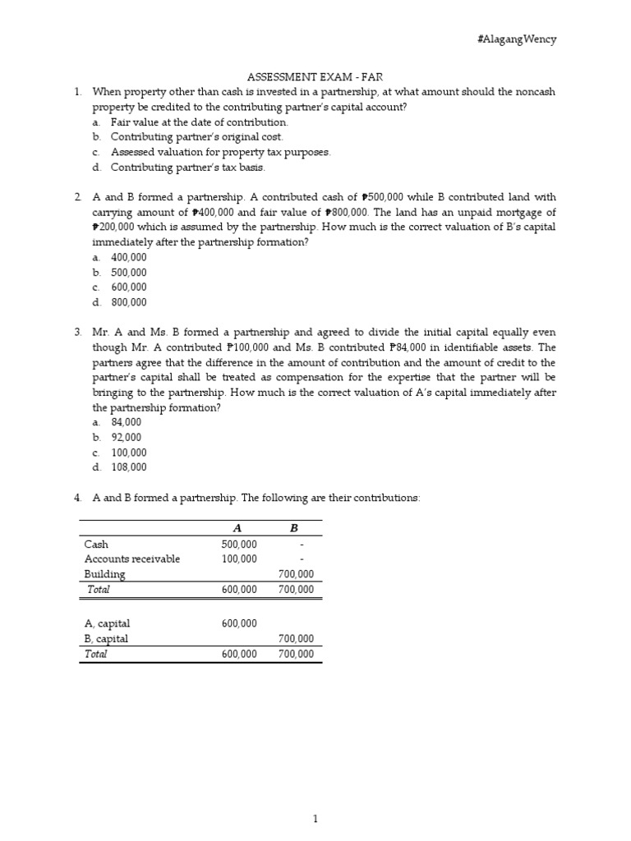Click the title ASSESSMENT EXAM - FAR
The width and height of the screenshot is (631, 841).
click(x=315, y=76)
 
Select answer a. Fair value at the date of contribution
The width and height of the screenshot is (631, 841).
click(x=199, y=122)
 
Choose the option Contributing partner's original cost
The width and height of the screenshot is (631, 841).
click(x=196, y=137)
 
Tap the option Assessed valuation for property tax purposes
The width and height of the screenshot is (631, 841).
click(x=220, y=153)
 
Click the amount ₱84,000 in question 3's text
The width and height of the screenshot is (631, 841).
click(x=443, y=347)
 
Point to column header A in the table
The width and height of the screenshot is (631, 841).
click(x=238, y=529)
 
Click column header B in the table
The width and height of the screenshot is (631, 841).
click(x=294, y=529)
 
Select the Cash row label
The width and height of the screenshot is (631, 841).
click(x=96, y=544)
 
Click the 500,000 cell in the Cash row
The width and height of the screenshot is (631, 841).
click(x=239, y=544)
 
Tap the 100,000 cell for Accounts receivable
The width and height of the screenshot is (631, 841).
click(x=239, y=559)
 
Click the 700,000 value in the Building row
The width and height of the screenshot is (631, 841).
click(x=296, y=574)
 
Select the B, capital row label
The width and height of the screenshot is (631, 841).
click(x=107, y=639)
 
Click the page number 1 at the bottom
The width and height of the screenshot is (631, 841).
click(x=315, y=796)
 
